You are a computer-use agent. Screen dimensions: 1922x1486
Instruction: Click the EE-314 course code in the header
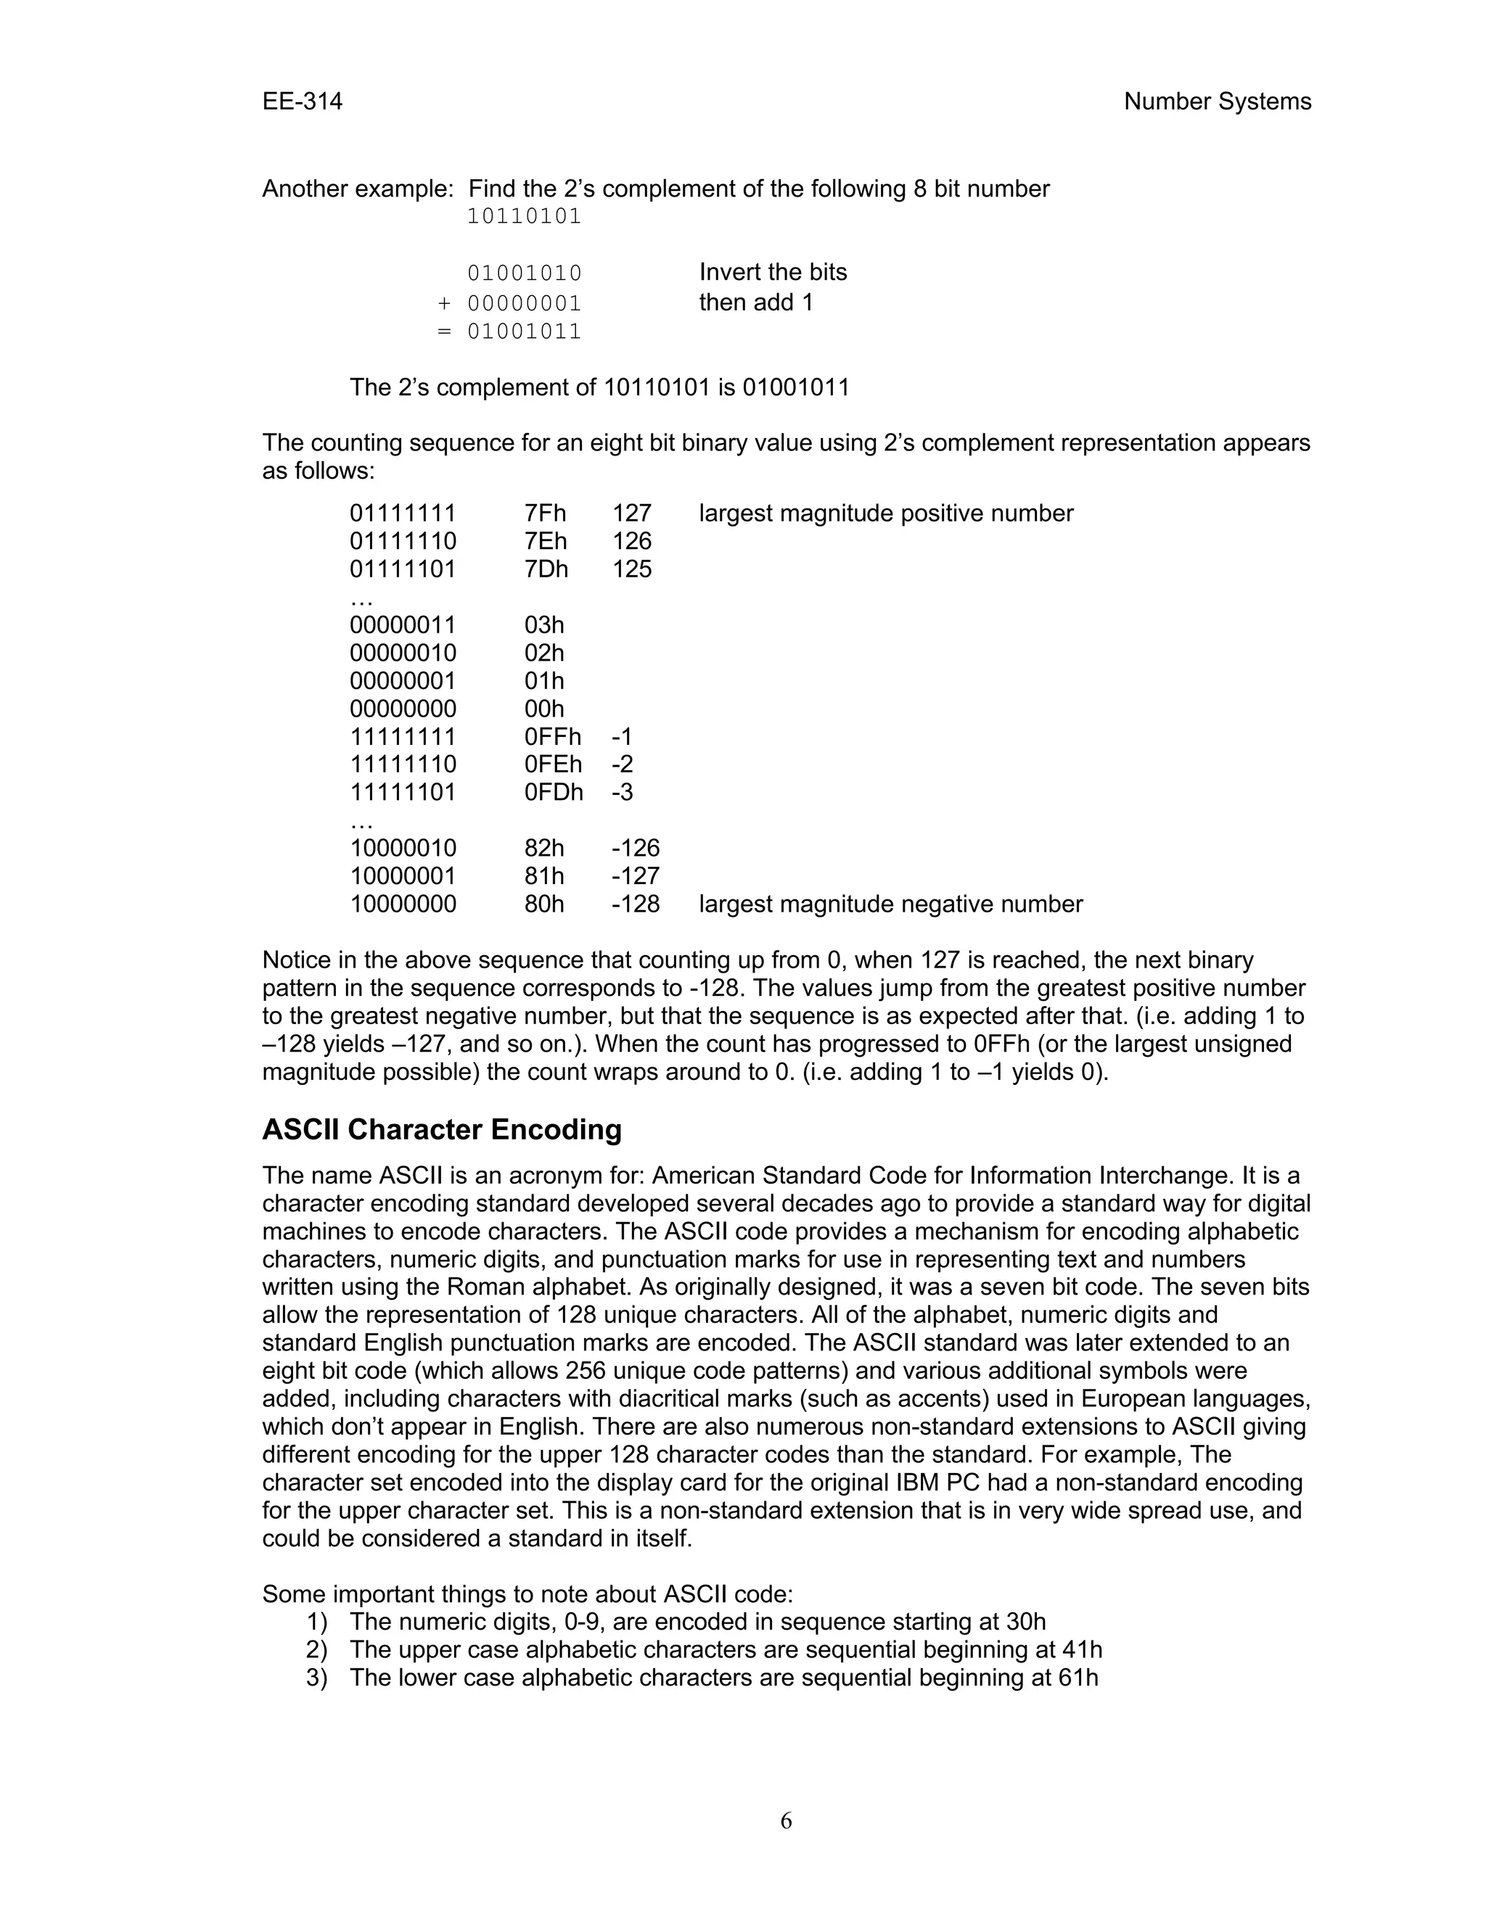click(302, 102)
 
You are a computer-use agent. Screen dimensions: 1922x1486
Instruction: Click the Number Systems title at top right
click(1217, 102)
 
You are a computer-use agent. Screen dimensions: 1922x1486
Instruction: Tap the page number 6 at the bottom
click(786, 1820)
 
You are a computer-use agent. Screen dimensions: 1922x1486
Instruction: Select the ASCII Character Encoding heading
click(442, 1130)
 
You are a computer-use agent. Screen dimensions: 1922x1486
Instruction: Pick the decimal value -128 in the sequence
click(636, 904)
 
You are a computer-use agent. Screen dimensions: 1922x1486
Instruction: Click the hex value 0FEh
click(553, 764)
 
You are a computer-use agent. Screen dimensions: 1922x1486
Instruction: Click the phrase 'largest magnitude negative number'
click(890, 904)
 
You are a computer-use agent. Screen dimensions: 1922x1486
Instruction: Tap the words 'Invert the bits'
click(773, 272)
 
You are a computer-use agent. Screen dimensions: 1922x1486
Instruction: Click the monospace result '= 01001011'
click(509, 331)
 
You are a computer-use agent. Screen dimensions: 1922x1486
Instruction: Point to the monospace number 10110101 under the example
click(524, 216)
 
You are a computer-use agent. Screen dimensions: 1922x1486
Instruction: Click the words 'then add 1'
click(755, 302)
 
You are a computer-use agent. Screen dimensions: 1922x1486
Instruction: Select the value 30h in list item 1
click(1025, 1622)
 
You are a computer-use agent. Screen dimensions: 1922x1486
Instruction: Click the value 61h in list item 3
click(1077, 1678)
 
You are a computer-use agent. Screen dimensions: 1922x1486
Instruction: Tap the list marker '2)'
click(317, 1650)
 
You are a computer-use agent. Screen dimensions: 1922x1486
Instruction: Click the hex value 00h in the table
click(544, 709)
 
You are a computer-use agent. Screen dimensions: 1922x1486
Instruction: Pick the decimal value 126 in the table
click(632, 541)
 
